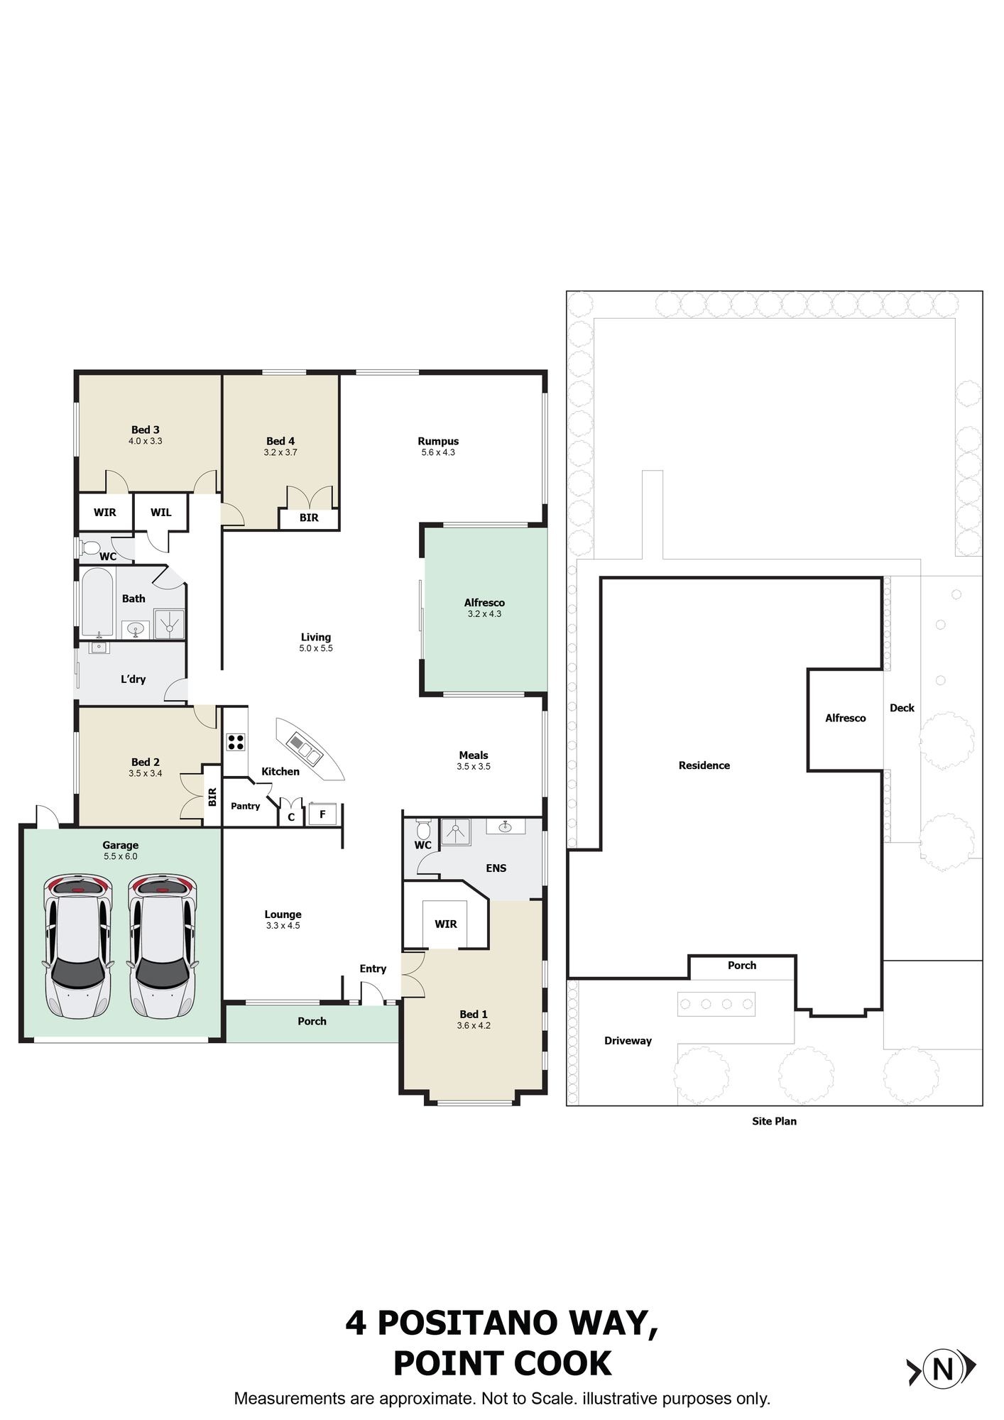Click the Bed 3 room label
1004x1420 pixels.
coord(145,430)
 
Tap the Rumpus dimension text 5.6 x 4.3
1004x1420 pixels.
coord(438,452)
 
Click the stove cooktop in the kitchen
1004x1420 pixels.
coord(236,742)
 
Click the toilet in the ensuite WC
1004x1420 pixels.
coord(423,829)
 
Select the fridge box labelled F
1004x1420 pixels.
coord(322,814)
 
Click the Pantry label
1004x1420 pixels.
coord(246,806)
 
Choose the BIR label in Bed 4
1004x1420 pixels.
coord(309,518)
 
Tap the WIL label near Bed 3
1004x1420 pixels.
coord(161,512)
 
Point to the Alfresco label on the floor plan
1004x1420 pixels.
coord(484,603)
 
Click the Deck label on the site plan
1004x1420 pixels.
coord(902,708)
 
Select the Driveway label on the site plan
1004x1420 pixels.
coord(628,1041)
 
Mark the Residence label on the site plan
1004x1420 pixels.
coord(704,765)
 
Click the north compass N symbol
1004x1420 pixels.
coord(942,1367)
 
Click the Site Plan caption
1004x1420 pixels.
coord(774,1121)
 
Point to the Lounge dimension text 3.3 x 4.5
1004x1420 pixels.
coord(283,926)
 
